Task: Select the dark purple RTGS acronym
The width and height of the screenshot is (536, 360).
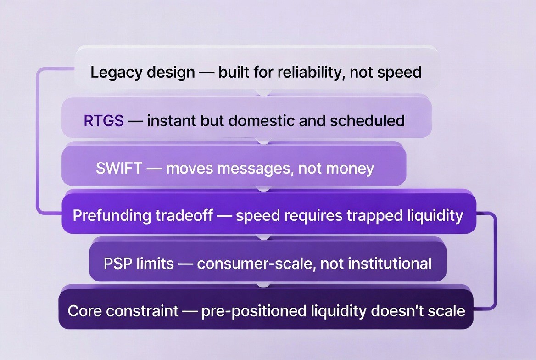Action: click(x=104, y=121)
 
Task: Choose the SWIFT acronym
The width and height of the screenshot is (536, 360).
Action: click(x=119, y=168)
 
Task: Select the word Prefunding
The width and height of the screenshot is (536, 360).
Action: click(x=112, y=216)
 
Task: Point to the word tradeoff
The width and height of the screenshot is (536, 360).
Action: click(x=184, y=216)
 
